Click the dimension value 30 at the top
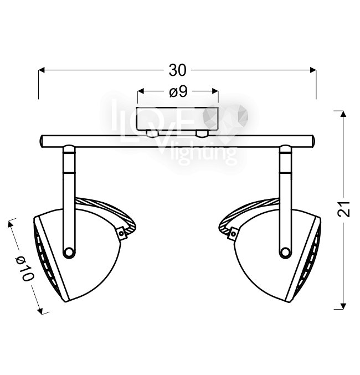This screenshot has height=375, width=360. [x=177, y=70]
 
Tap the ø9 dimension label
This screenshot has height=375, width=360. [x=178, y=92]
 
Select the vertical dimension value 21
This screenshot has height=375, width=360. [x=344, y=209]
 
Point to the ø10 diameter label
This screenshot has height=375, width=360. [x=24, y=269]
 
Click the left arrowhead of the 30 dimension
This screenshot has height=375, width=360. [x=42, y=70]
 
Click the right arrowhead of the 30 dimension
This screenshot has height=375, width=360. [x=313, y=70]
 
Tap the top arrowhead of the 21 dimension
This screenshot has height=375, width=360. [x=343, y=114]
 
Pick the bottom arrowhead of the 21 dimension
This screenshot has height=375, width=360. [x=343, y=306]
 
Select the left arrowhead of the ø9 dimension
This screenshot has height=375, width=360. [x=141, y=91]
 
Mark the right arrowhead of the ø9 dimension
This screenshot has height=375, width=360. [x=215, y=91]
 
